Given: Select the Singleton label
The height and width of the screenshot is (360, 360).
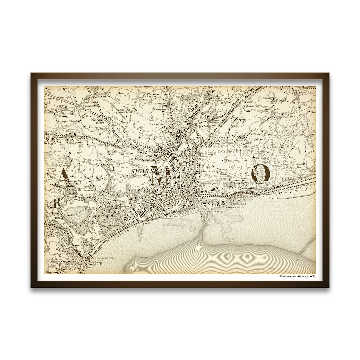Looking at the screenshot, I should tap(110, 226).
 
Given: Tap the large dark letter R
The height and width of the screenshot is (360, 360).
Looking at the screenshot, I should tap(57, 202).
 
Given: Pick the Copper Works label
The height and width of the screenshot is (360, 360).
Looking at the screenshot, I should tap(236, 207).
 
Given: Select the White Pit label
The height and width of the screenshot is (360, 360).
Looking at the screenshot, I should tap(250, 106).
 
